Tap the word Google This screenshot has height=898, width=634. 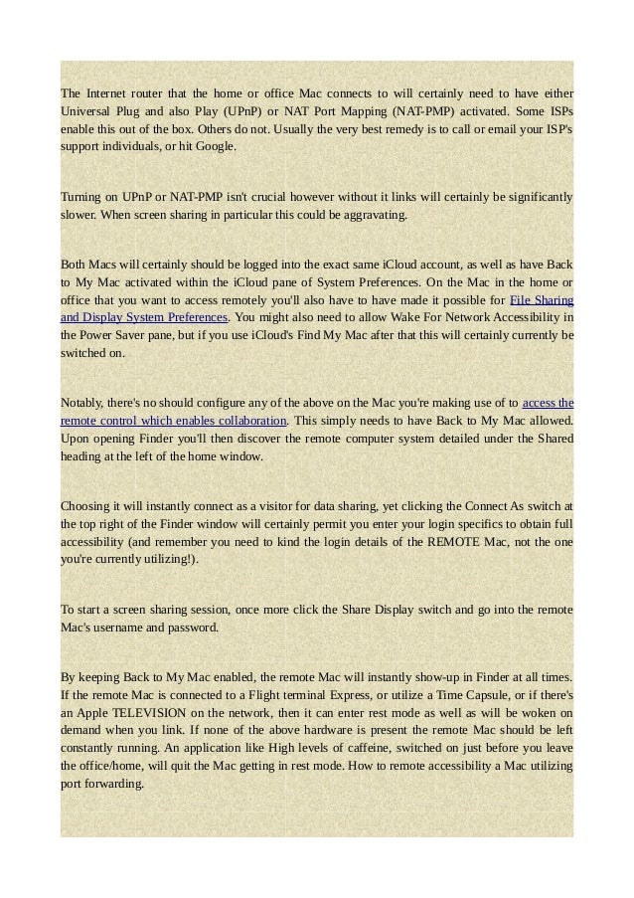click(x=215, y=147)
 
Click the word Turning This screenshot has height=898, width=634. click(x=83, y=197)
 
